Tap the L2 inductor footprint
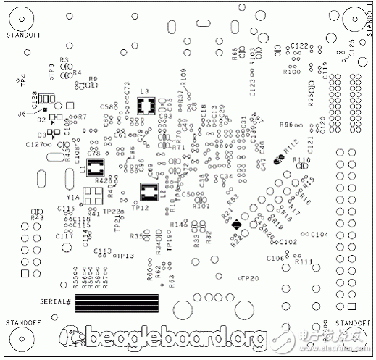(149, 193)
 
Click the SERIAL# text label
(54, 301)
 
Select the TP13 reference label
(126, 256)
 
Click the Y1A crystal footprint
(92, 196)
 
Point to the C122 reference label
(299, 46)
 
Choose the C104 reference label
(319, 235)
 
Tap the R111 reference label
(304, 261)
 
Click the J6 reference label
(22, 114)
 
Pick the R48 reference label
(37, 217)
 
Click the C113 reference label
(103, 251)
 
